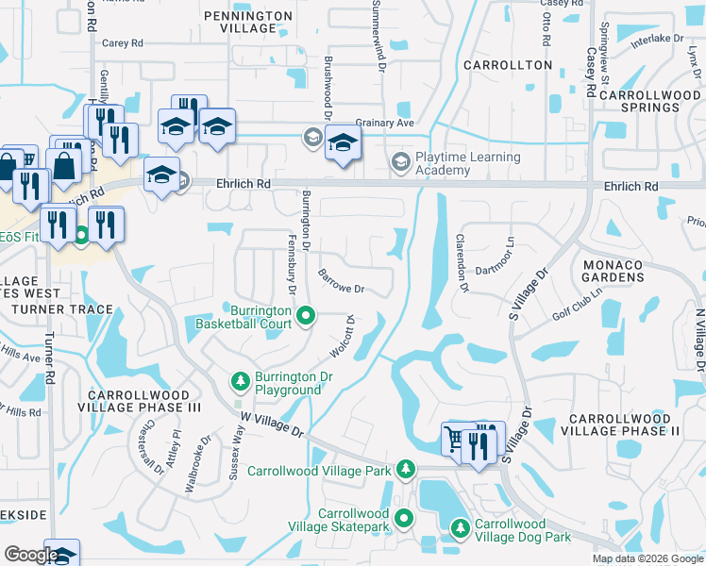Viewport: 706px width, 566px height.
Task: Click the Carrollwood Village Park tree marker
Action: point(406,469)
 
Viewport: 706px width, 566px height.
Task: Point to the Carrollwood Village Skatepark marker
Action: point(404,517)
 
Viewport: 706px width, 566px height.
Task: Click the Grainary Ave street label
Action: point(385,123)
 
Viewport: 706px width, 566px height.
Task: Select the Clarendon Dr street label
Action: point(462,263)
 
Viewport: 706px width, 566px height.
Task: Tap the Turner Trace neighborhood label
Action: point(64,309)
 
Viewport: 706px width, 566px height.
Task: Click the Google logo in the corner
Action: point(31,555)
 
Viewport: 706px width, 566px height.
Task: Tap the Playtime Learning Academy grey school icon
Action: point(400,163)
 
